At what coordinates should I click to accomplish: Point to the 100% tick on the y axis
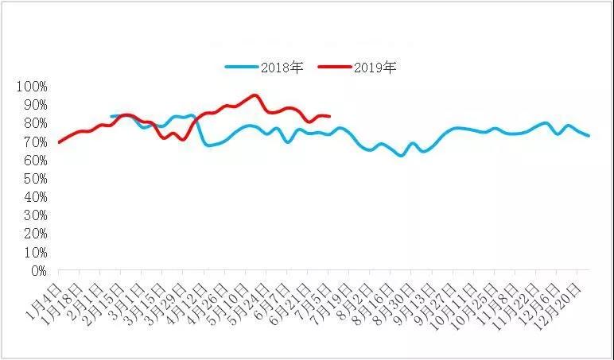point(32,86)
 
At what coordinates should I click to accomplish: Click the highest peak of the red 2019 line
point(255,95)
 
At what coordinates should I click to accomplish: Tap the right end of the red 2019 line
point(328,116)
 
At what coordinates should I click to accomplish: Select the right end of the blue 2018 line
point(589,136)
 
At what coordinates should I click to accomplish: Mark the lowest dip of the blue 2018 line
point(401,155)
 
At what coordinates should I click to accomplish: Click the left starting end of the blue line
point(111,117)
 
